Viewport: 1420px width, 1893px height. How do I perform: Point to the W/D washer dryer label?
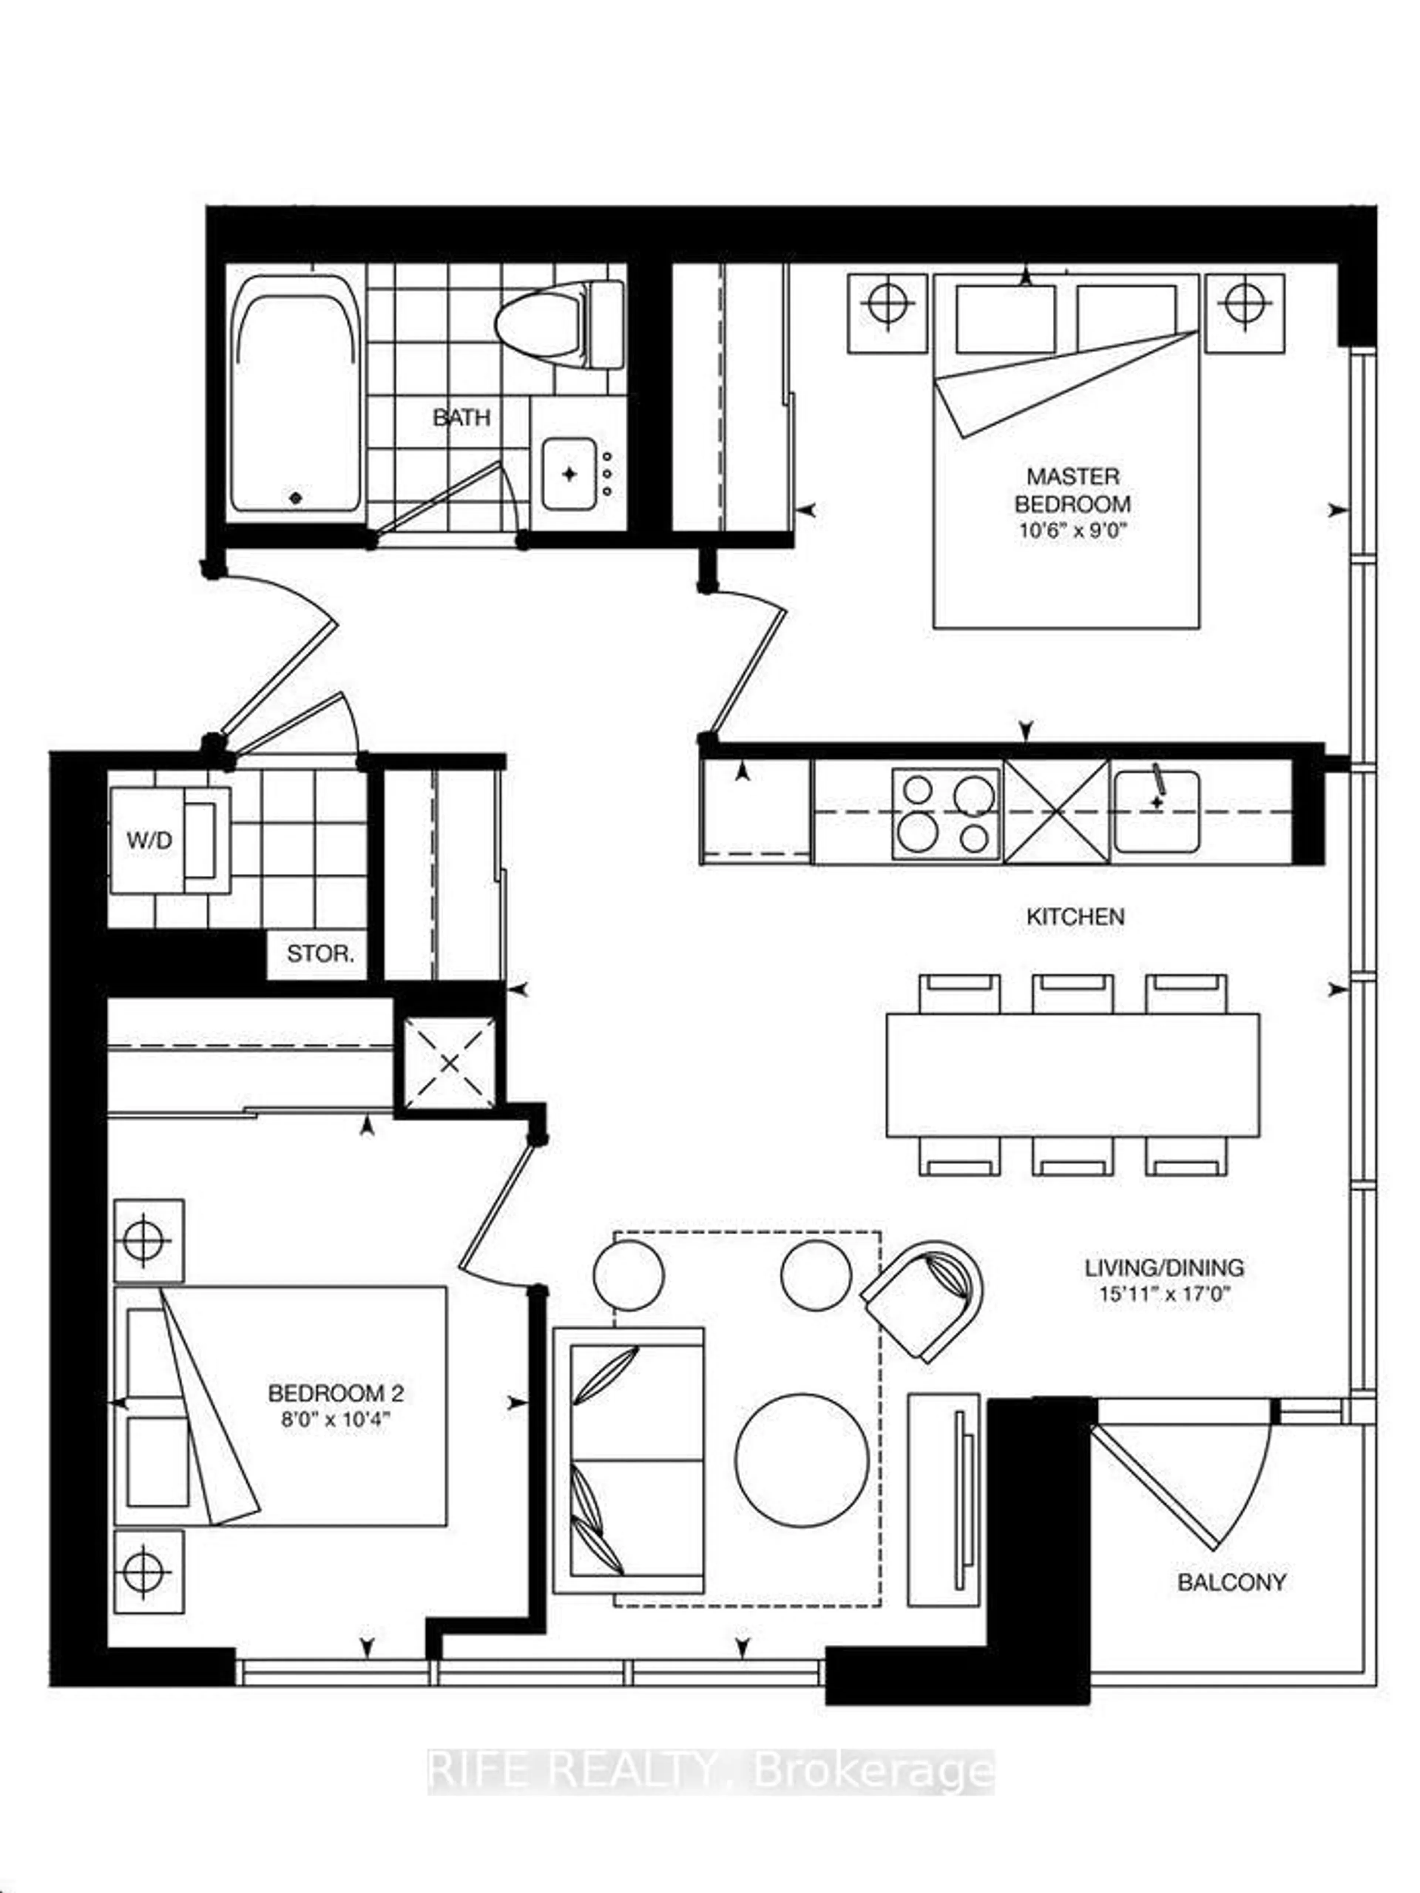[150, 840]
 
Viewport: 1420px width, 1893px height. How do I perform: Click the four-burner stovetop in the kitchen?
[945, 813]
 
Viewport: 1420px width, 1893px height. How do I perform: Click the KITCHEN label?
[1075, 917]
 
